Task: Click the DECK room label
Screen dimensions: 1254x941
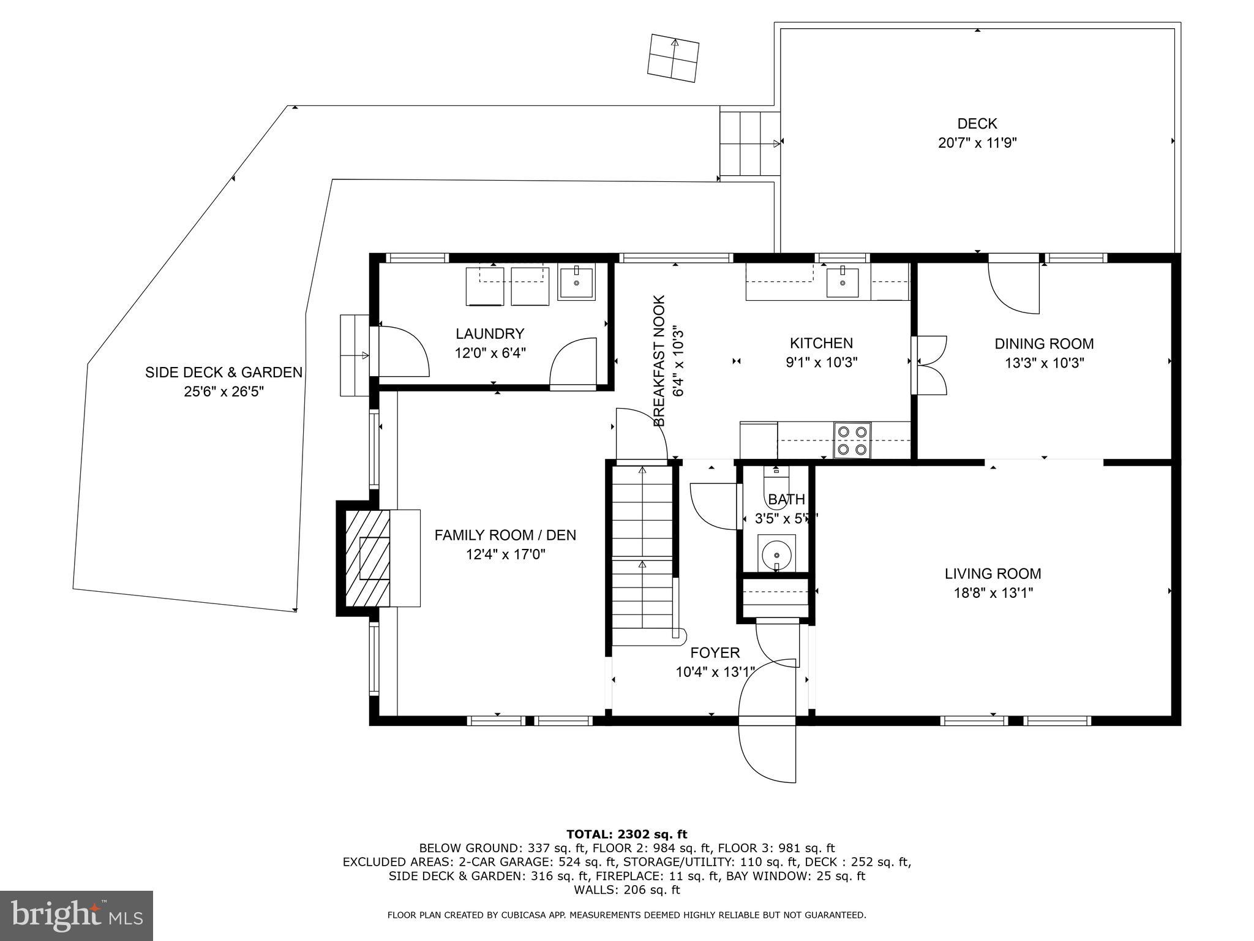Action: click(x=977, y=124)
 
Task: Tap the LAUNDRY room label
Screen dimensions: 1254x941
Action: click(x=490, y=334)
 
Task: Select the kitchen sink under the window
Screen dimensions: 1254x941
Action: click(x=843, y=282)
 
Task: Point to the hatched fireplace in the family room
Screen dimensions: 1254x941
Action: click(x=368, y=558)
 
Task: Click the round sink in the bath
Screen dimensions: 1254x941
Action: click(x=776, y=554)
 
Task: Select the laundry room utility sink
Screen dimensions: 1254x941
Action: click(x=577, y=284)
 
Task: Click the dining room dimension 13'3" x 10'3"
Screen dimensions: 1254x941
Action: click(x=1044, y=363)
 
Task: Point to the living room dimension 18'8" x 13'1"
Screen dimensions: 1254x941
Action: click(x=993, y=593)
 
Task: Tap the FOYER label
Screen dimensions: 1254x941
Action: click(x=715, y=653)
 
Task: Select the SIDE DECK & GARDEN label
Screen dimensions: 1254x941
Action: click(x=223, y=372)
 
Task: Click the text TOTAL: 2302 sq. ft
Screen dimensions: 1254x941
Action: click(x=626, y=834)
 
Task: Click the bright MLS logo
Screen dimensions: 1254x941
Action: click(x=77, y=915)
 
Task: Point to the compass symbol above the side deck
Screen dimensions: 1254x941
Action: click(x=673, y=58)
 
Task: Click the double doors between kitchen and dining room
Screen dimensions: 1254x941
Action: click(x=929, y=365)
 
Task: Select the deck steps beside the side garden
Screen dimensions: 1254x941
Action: click(x=750, y=145)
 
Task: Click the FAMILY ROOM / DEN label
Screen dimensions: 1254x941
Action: click(x=505, y=535)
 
